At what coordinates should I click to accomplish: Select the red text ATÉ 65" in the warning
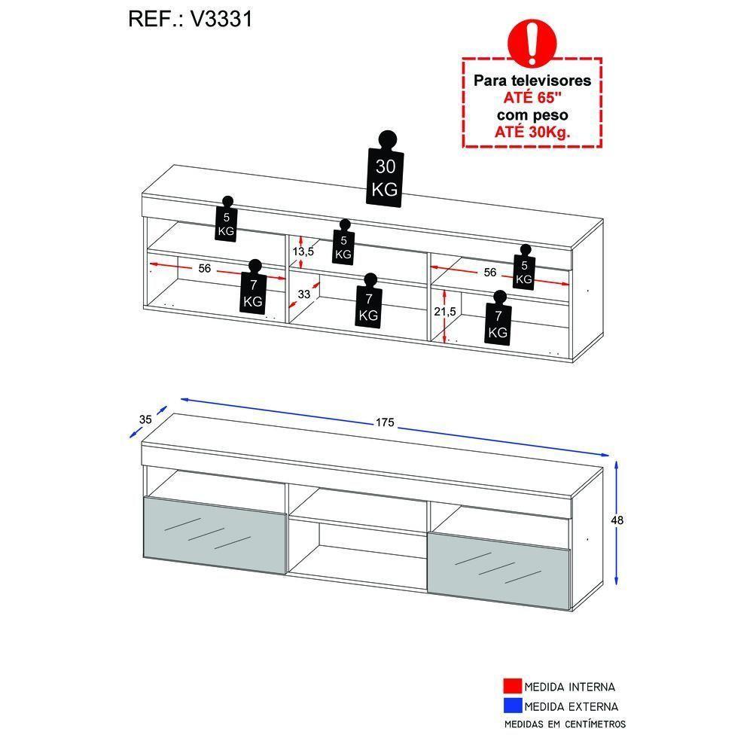click(x=532, y=98)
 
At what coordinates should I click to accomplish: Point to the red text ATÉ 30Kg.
click(x=532, y=132)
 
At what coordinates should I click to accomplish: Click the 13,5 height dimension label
click(x=303, y=251)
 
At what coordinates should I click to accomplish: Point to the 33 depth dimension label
click(x=304, y=294)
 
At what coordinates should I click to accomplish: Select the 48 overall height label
click(x=617, y=520)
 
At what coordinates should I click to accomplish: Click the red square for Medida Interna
click(x=512, y=687)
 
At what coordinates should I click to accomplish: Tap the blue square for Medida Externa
click(x=512, y=706)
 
